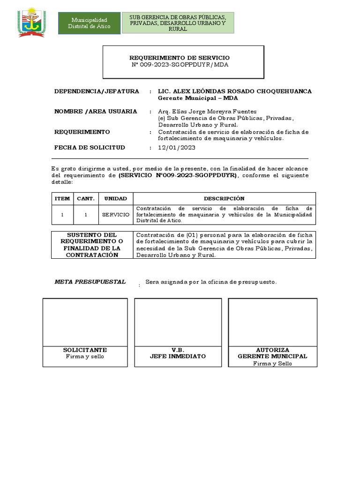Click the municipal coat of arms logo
coord(31,22)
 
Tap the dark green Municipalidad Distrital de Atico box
coord(89,23)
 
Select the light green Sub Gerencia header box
coord(178,23)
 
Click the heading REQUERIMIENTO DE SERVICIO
coord(180,58)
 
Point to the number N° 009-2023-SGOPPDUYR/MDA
coord(180,65)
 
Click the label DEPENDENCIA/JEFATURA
coord(97,91)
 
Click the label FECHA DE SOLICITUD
coord(90,148)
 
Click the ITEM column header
coord(62,199)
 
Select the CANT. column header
coord(86,199)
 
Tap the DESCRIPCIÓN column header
coord(224,199)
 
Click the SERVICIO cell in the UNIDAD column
coord(116,214)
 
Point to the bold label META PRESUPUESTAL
coord(90,282)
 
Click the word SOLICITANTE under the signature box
coord(85,350)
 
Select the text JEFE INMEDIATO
coord(178,356)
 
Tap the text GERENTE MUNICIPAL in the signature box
coord(272,356)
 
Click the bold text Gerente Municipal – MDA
coord(198,98)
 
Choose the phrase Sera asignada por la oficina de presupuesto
coord(211,282)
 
